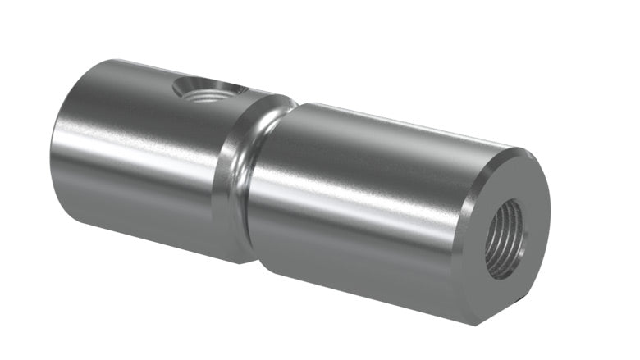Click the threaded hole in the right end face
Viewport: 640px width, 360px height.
click(x=503, y=238)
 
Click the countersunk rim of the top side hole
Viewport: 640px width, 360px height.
click(x=233, y=89)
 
